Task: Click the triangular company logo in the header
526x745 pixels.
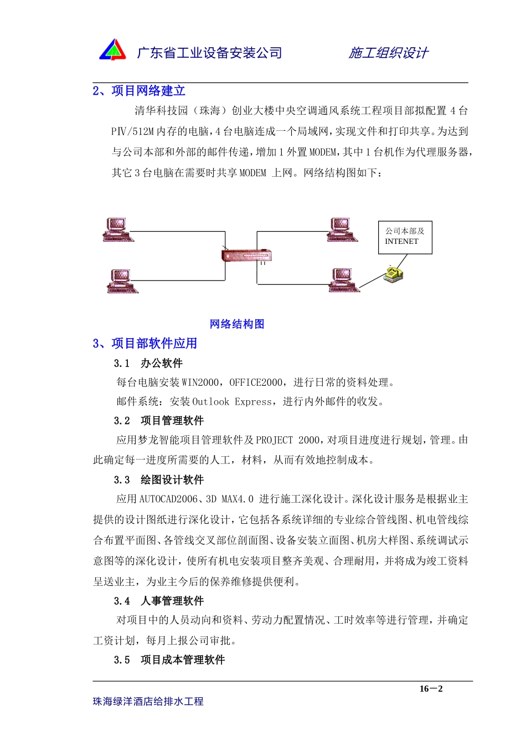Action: coord(113,50)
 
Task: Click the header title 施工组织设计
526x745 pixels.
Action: coord(388,53)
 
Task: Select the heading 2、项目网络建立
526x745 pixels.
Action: coord(139,91)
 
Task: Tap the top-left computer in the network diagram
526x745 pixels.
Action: coord(117,229)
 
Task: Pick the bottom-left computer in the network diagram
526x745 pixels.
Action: coord(122,281)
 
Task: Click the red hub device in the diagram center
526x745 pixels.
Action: coord(246,256)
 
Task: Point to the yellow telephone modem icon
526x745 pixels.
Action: coord(393,274)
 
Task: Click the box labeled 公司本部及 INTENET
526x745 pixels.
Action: coord(405,237)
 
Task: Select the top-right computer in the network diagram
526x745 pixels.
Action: coord(342,229)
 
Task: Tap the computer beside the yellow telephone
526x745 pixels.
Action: coord(344,280)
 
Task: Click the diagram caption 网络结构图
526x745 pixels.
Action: coord(237,324)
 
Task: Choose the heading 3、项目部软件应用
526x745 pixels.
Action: coord(145,344)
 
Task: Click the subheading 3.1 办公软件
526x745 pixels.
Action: coord(148,364)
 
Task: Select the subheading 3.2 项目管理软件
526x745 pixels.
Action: coord(158,421)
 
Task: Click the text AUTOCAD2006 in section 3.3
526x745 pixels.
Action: coord(168,499)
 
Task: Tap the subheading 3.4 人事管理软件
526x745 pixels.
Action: coord(158,601)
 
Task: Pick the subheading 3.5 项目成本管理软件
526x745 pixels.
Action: coord(169,660)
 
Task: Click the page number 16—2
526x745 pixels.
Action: coord(431,689)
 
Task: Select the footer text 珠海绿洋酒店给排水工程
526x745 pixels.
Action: coord(148,702)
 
